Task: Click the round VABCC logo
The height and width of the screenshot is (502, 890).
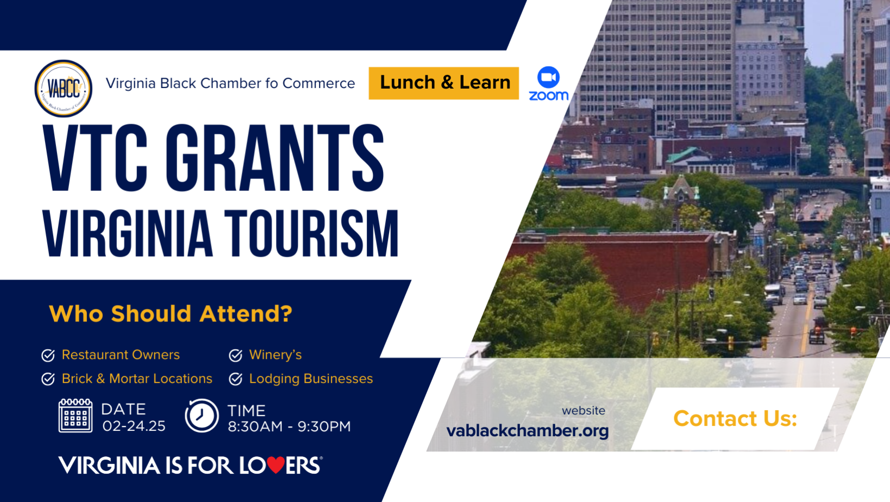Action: click(x=64, y=88)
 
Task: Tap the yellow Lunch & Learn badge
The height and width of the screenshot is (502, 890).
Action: click(x=444, y=83)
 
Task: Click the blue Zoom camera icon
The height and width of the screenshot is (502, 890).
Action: click(x=548, y=77)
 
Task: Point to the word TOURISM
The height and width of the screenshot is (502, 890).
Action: click(x=311, y=233)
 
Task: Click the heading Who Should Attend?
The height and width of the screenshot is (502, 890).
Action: click(x=171, y=313)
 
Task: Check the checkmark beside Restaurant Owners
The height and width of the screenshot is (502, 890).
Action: click(x=48, y=355)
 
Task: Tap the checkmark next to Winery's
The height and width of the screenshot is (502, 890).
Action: click(x=236, y=355)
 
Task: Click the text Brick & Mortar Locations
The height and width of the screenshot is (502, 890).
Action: click(x=137, y=379)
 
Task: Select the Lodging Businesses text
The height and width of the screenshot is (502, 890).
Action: click(x=311, y=379)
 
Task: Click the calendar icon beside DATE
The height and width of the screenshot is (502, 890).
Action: click(x=76, y=416)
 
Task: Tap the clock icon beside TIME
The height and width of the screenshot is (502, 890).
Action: click(x=202, y=416)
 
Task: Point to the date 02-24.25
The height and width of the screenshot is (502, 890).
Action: click(x=134, y=426)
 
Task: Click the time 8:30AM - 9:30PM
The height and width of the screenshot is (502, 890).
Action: click(x=289, y=426)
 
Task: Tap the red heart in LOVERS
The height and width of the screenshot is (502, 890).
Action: click(x=275, y=464)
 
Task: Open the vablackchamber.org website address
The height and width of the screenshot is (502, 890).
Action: click(x=527, y=431)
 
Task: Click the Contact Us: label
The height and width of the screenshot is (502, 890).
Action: click(x=735, y=418)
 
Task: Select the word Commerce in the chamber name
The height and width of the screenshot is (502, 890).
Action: click(x=318, y=83)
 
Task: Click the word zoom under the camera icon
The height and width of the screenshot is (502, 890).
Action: click(x=549, y=96)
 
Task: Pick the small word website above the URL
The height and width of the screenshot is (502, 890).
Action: click(x=583, y=411)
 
